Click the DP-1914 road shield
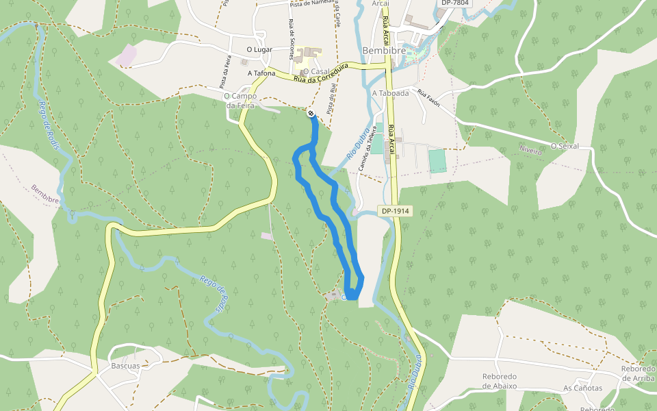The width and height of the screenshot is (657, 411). tap(396, 211)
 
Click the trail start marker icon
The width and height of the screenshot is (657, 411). tap(311, 113)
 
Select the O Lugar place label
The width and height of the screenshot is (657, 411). tap(260, 50)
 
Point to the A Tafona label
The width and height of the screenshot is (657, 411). tap(261, 73)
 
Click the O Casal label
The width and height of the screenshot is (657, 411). tap(315, 71)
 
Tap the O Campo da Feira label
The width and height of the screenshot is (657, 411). tap(240, 101)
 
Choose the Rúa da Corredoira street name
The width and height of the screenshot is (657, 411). tap(322, 74)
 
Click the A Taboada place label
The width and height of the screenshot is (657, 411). tap(390, 93)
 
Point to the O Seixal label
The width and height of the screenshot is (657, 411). tap(565, 146)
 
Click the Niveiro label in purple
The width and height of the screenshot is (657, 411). tap(530, 151)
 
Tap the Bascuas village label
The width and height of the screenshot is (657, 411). tap(125, 366)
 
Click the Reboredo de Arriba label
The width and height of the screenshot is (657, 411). tap(638, 373)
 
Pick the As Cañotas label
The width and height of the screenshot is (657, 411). tap(582, 388)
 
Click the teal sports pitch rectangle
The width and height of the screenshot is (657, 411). tap(437, 161)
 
